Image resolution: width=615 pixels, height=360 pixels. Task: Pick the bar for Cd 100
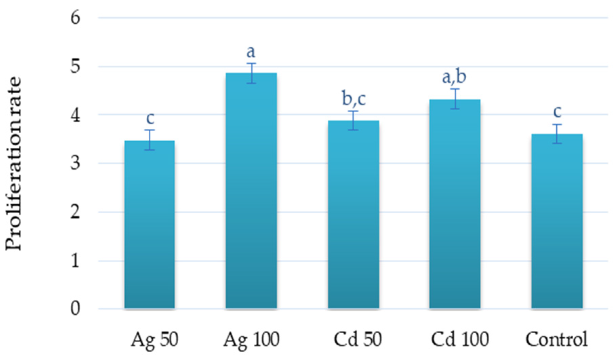(x=455, y=204)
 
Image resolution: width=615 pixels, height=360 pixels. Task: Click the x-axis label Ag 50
(x=155, y=339)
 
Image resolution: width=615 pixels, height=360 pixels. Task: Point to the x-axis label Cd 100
(x=459, y=339)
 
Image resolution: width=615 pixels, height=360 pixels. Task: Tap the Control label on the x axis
(x=556, y=339)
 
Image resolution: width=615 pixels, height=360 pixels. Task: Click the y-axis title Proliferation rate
(x=14, y=163)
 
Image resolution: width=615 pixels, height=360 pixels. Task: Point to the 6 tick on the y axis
(x=75, y=17)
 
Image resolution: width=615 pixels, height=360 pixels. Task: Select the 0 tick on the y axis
(x=75, y=308)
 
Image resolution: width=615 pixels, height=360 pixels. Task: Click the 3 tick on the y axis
(x=75, y=163)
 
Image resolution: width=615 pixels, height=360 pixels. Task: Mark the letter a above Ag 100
(x=251, y=52)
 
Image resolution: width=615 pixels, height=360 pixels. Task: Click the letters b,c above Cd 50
(x=354, y=99)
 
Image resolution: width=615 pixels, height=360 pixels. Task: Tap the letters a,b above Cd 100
(x=454, y=76)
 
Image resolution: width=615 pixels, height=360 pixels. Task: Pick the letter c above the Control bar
(x=557, y=112)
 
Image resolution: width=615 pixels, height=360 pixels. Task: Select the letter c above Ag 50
(x=150, y=118)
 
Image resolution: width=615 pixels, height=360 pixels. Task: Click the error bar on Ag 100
(x=251, y=73)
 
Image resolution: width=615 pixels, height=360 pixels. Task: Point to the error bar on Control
(x=557, y=134)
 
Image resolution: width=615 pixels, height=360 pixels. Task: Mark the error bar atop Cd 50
(x=353, y=120)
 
